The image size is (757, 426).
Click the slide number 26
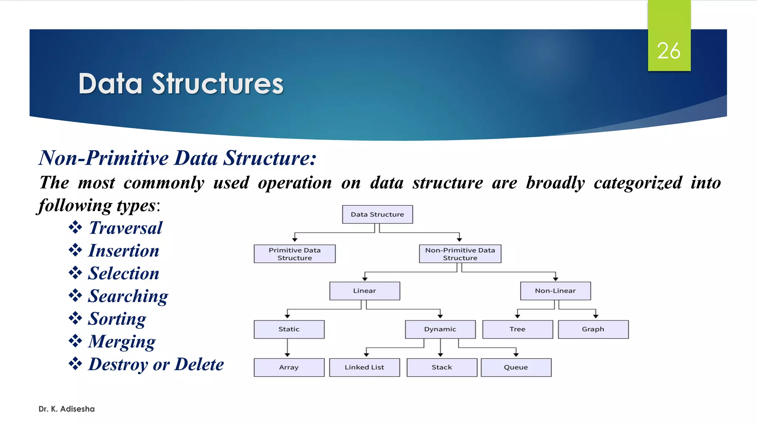coord(669,51)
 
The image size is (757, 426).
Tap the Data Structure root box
coord(377,214)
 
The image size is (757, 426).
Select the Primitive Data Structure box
coord(295,254)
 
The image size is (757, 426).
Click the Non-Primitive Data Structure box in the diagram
coord(460,254)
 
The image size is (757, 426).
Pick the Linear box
coord(364,291)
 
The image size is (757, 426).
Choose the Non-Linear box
coord(555,291)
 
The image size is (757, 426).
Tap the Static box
coord(289,329)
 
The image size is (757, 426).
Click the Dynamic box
coord(440,329)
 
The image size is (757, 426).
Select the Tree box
coord(517,329)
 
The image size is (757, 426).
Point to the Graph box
coord(593,329)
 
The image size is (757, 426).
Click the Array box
coord(289,367)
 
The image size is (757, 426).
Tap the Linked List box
coord(364,367)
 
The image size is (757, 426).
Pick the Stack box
coord(442,367)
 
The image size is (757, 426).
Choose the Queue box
coord(516,367)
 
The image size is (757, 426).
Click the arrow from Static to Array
coord(287,348)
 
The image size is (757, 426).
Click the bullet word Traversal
coord(126,228)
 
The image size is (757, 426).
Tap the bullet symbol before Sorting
coord(75,318)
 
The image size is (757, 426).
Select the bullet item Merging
coord(122,341)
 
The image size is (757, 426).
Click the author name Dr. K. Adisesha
coord(67,409)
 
